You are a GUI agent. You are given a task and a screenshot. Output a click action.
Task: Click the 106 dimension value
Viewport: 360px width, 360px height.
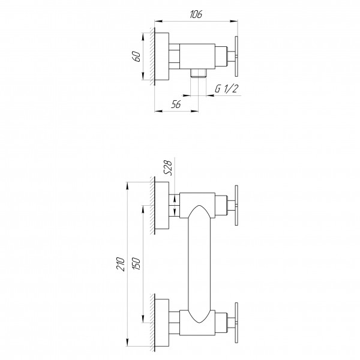pos(196,14)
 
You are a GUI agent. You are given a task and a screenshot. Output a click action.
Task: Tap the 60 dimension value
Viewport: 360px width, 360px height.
pos(136,56)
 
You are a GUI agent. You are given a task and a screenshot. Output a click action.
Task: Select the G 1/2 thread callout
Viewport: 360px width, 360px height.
pos(226,88)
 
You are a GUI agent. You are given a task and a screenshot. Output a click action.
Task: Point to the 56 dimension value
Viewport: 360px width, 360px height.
pos(176,104)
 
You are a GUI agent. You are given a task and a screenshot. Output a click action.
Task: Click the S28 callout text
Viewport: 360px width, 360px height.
pos(168,168)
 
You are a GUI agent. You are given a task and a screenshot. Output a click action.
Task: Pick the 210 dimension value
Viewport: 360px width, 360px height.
pos(121,264)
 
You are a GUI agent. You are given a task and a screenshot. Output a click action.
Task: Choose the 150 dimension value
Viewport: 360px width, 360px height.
pos(136,263)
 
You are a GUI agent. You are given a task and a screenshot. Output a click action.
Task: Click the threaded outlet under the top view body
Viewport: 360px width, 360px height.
pos(199,73)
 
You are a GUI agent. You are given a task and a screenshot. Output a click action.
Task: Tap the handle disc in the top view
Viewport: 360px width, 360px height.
pos(236,56)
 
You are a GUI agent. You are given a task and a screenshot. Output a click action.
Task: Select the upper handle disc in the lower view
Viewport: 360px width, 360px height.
pos(236,205)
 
